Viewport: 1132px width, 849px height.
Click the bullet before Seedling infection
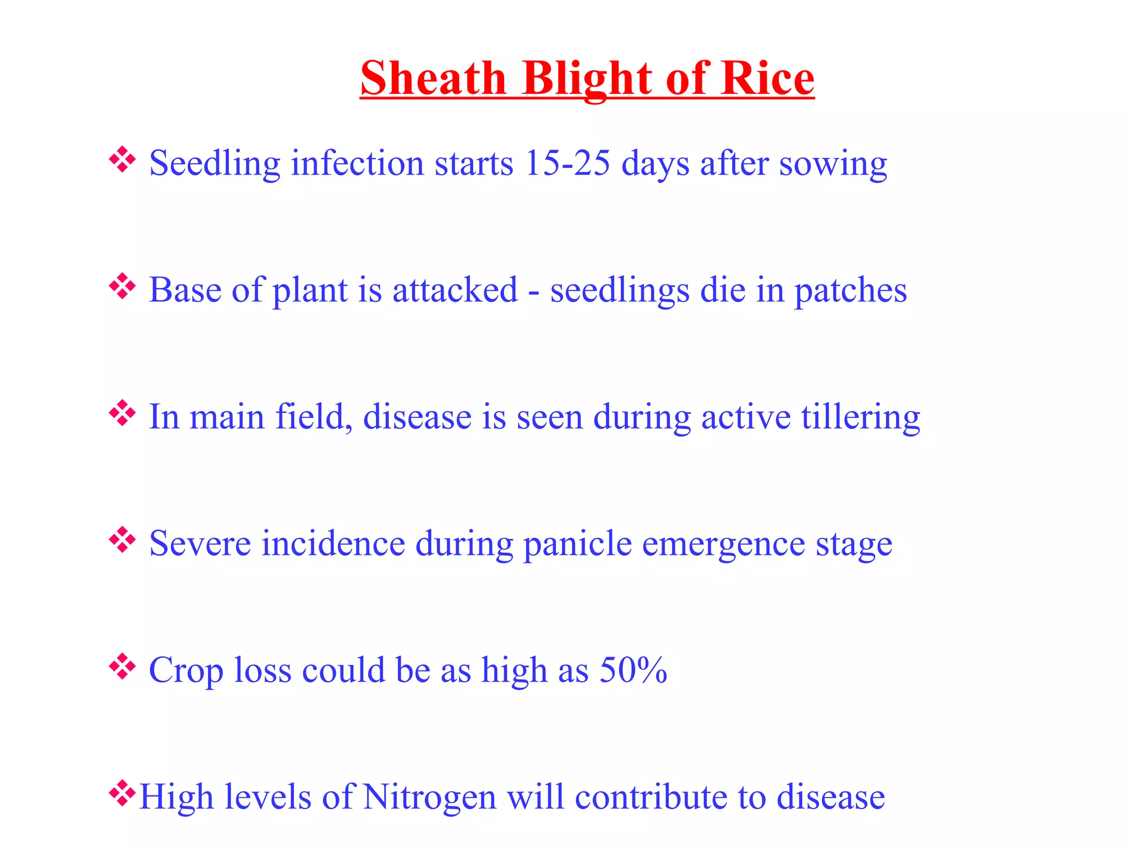122,160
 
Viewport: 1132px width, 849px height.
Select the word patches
850,291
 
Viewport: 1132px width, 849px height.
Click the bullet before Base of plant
122,287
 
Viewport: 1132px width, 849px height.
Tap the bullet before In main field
122,413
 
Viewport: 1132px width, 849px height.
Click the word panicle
577,544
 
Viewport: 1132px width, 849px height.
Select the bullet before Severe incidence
122,540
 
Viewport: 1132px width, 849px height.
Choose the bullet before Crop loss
122,667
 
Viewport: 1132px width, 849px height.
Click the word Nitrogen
429,798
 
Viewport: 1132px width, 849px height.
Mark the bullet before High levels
122,794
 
